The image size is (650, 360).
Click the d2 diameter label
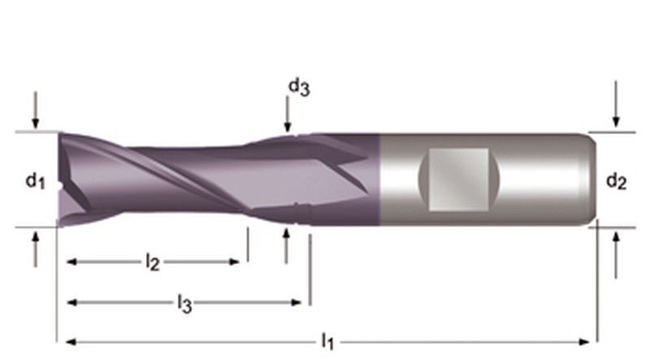click(616, 182)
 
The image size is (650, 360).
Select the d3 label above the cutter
click(298, 86)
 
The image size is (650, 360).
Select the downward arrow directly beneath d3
click(287, 113)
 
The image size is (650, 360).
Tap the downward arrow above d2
click(617, 111)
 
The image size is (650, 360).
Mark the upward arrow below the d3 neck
click(286, 245)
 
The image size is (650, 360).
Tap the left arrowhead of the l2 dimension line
click(71, 262)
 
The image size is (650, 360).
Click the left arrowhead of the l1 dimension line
click(71, 340)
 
